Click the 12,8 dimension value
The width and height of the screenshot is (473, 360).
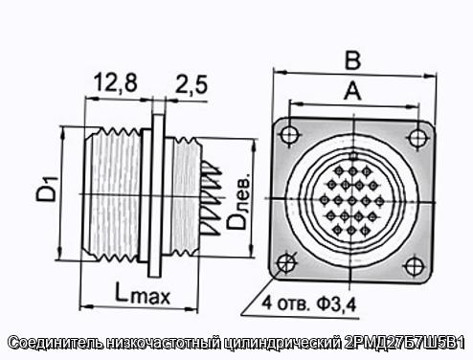pos(116,83)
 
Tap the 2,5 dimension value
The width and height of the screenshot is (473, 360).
pos(191,84)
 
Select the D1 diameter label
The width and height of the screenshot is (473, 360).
pos(47,189)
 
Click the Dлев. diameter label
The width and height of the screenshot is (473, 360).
pos(238,201)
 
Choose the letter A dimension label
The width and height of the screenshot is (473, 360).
pos(352,91)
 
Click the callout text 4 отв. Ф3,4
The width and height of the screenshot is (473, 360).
pos(308,304)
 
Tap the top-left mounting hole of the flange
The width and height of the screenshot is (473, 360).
pos(290,134)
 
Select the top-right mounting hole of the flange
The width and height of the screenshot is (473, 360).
pos(417,137)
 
